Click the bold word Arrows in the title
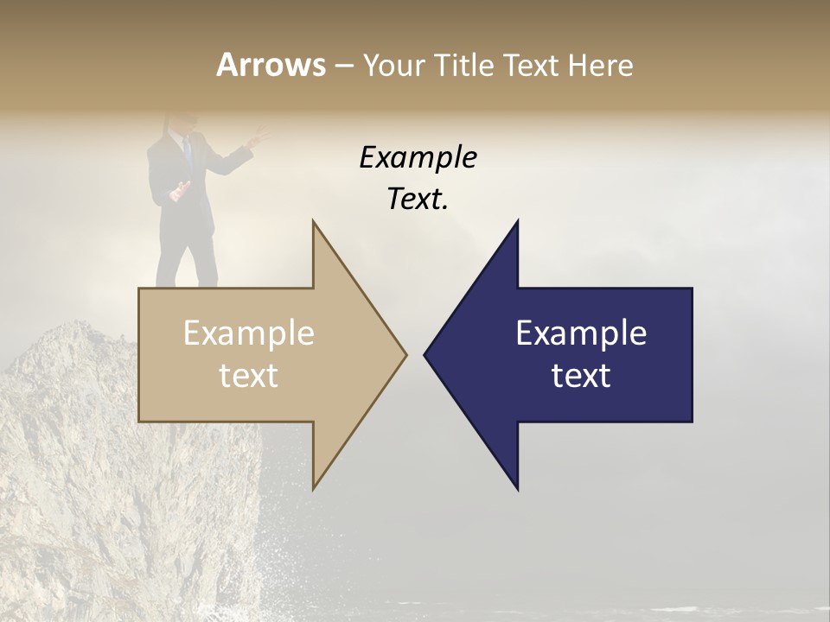[x=271, y=65]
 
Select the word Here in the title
[x=600, y=65]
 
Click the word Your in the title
[x=394, y=66]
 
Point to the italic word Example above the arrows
[x=418, y=157]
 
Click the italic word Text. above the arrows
[x=418, y=199]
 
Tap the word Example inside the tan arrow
[x=249, y=333]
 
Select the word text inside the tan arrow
[x=249, y=376]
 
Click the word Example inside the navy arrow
[x=581, y=333]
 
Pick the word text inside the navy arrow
[x=581, y=376]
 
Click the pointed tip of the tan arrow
[x=405, y=354]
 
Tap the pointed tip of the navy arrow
[x=425, y=354]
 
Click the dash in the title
[x=343, y=67]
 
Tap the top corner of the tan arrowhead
[x=313, y=223]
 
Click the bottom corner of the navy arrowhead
[x=517, y=489]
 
